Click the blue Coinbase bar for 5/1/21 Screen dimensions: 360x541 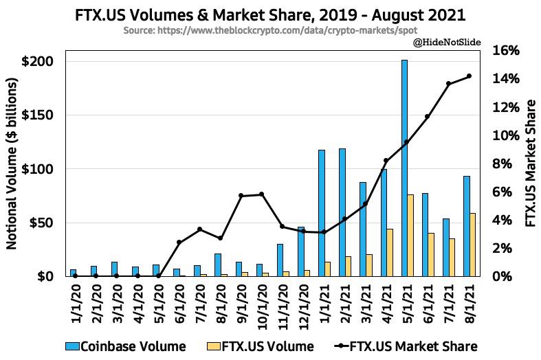pos(404,168)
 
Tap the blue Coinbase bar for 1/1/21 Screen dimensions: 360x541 pos(321,213)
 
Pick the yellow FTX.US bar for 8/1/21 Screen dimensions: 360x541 pos(472,245)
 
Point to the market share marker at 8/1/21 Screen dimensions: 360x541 pos(469,76)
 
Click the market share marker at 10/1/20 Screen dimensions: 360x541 pos(261,194)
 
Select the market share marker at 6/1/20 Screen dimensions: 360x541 pos(179,242)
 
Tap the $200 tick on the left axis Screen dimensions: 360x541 pos(38,61)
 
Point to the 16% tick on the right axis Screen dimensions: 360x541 pos(505,51)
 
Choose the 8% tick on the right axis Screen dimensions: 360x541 pos(505,164)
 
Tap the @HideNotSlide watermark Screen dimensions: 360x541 pos(446,43)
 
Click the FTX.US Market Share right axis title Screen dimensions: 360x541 pos(530,163)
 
